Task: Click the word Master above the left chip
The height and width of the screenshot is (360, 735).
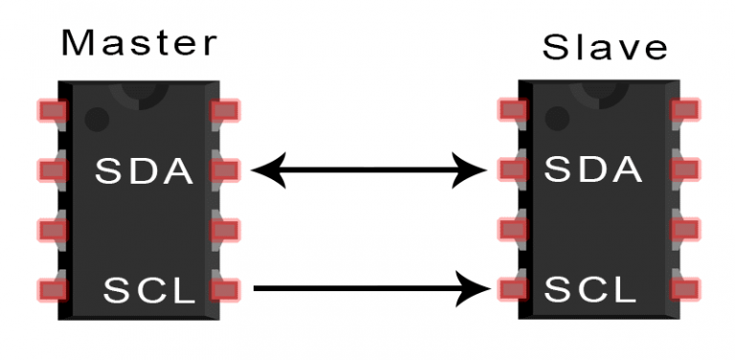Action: tap(139, 43)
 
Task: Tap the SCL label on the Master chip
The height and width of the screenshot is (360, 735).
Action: tap(150, 287)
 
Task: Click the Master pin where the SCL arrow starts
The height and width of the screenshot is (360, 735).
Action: tap(225, 287)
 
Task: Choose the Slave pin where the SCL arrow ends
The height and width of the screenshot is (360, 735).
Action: tap(512, 287)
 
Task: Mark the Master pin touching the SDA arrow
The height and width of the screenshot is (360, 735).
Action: tap(225, 170)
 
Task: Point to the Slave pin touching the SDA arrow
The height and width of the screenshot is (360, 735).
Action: tap(512, 170)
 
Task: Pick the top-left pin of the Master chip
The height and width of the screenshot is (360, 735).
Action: tap(52, 111)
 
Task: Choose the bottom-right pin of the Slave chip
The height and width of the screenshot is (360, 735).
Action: tap(685, 287)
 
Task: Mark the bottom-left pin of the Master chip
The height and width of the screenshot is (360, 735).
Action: tap(52, 287)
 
